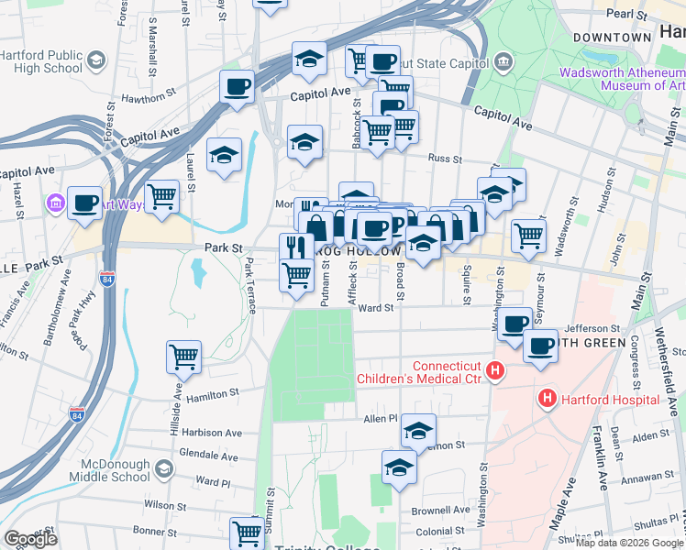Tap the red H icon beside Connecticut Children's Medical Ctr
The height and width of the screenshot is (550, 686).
tap(495, 371)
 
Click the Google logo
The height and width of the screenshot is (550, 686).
tap(30, 538)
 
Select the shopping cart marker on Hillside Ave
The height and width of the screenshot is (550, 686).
tap(183, 357)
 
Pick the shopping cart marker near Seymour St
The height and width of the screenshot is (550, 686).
tap(528, 236)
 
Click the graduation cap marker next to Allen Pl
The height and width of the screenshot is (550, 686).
tap(418, 431)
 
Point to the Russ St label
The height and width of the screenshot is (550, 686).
tap(445, 158)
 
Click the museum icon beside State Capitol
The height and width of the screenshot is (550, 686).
tap(503, 62)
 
